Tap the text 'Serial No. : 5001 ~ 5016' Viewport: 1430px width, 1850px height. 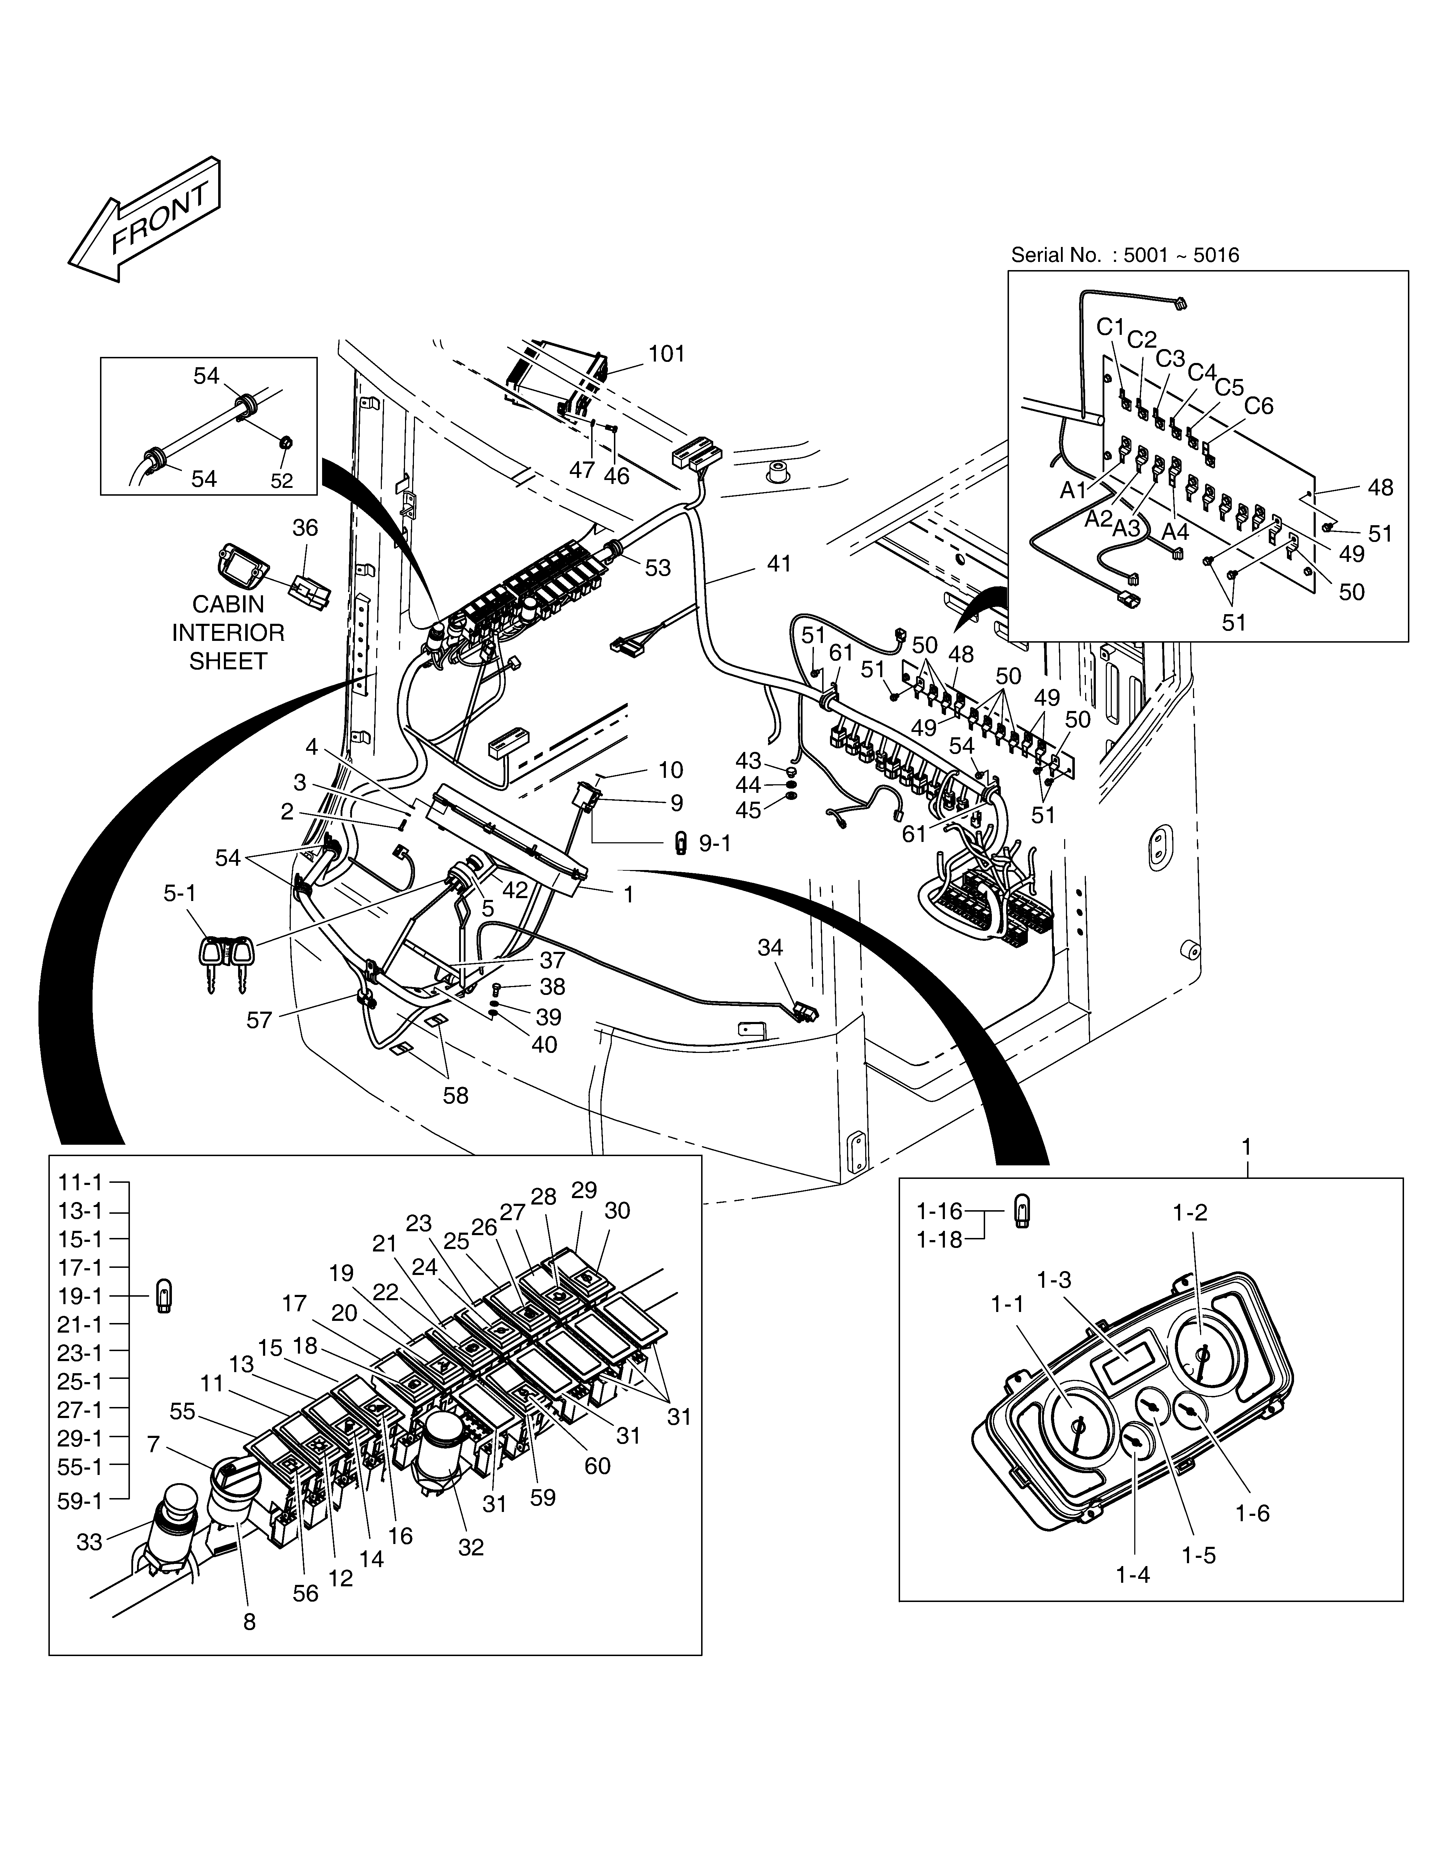click(x=1125, y=255)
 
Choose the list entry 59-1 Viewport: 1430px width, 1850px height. click(x=80, y=1501)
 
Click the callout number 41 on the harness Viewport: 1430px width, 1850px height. click(x=779, y=563)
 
